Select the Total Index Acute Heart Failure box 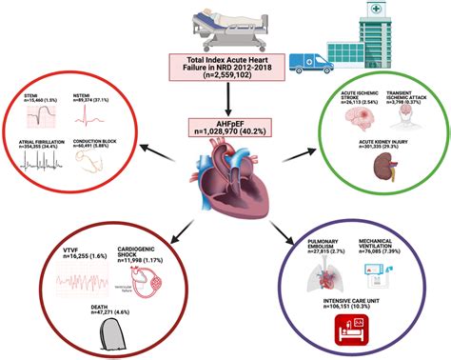pos(225,72)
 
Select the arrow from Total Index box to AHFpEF pos(225,100)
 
